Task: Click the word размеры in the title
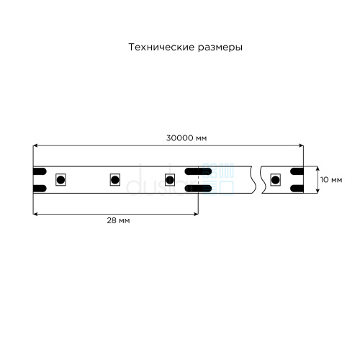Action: point(220,48)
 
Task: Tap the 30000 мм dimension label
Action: point(186,138)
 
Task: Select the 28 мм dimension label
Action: point(118,220)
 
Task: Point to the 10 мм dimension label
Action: point(331,179)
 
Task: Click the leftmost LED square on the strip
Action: point(60,179)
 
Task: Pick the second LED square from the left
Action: point(115,179)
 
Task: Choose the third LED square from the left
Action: point(170,179)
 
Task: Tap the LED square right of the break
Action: point(275,179)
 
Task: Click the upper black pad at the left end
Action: point(40,171)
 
